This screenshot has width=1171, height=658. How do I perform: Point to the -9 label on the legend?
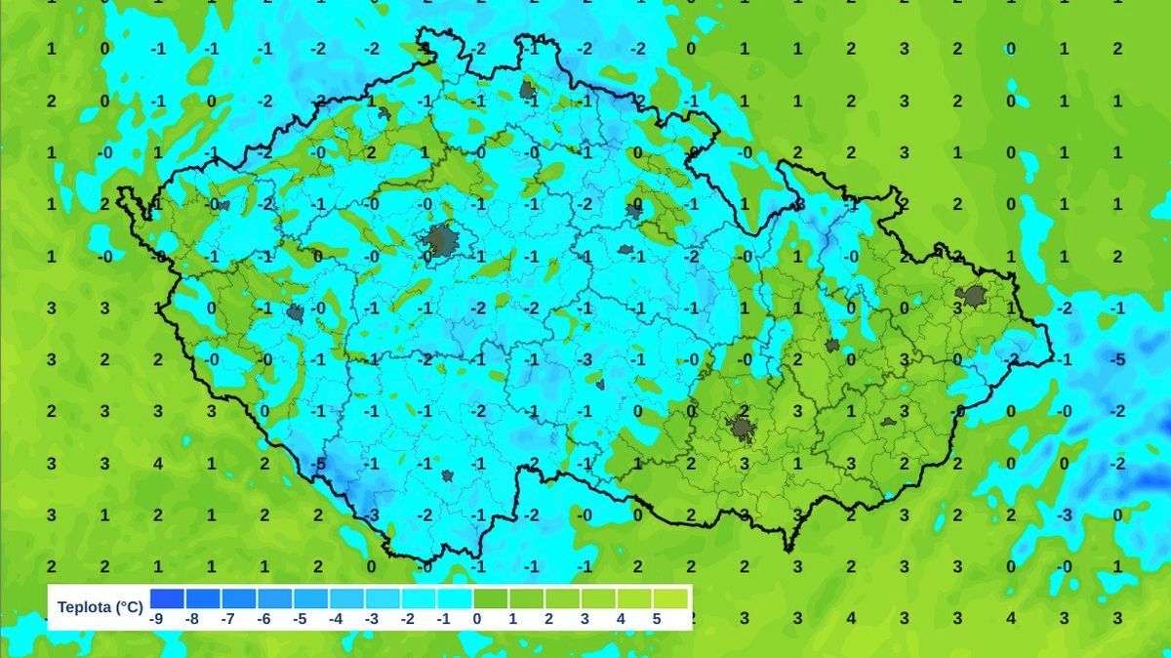pyautogui.click(x=155, y=618)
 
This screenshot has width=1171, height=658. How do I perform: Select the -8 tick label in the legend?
pyautogui.click(x=191, y=618)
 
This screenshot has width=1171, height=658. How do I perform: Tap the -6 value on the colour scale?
pyautogui.click(x=262, y=618)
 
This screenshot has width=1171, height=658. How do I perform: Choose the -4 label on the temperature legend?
pyautogui.click(x=335, y=618)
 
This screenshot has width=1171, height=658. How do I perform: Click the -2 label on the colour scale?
pyautogui.click(x=407, y=618)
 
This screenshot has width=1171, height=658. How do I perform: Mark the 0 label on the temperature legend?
pyautogui.click(x=477, y=618)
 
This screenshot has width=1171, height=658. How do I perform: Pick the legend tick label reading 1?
pyautogui.click(x=513, y=618)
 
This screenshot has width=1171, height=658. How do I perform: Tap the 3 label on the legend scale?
pyautogui.click(x=585, y=618)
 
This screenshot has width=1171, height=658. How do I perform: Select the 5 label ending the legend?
pyautogui.click(x=657, y=618)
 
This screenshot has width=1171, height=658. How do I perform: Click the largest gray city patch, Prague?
pyautogui.click(x=440, y=239)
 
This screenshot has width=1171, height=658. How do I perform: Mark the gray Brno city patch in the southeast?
pyautogui.click(x=741, y=428)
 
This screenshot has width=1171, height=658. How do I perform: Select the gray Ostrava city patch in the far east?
pyautogui.click(x=973, y=297)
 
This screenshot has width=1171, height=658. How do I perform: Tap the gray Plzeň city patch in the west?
pyautogui.click(x=296, y=313)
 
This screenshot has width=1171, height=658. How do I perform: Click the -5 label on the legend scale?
pyautogui.click(x=299, y=618)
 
